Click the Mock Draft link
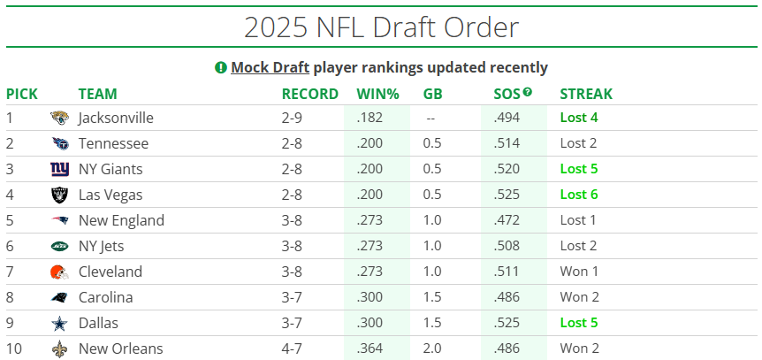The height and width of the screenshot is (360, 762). click(270, 67)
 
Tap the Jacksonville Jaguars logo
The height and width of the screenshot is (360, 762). click(59, 118)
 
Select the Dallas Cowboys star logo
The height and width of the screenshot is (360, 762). click(59, 323)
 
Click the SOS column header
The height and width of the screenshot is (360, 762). click(507, 94)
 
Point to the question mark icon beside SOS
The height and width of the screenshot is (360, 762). click(528, 92)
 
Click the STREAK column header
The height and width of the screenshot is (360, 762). click(586, 94)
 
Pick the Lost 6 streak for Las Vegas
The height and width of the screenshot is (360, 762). click(579, 195)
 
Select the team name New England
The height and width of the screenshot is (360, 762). click(121, 220)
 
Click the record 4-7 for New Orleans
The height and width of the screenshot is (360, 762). click(293, 349)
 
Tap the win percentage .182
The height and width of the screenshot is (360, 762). click(370, 118)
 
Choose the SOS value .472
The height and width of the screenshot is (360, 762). click(507, 220)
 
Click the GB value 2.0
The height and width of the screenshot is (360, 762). click(433, 349)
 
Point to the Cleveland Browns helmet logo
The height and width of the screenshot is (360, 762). click(59, 272)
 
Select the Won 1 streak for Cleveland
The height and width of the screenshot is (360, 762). click(579, 272)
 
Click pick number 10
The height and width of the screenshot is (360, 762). click(13, 349)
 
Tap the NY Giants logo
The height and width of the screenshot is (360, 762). click(59, 169)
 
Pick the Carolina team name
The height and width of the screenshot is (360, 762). click(106, 297)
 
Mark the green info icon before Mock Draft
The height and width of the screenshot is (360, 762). click(220, 67)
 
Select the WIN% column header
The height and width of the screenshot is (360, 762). click(377, 94)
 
